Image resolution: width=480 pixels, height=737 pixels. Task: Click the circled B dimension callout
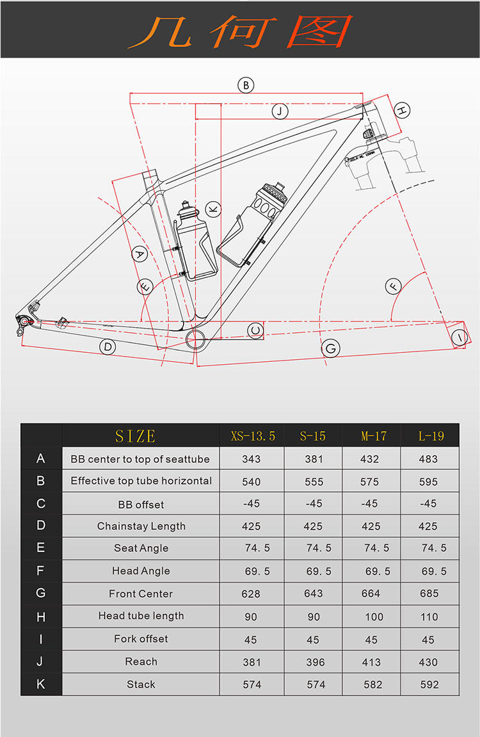[x=246, y=85]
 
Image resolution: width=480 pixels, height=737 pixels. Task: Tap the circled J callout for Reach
[x=280, y=111]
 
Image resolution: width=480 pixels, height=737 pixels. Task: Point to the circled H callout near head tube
[x=401, y=110]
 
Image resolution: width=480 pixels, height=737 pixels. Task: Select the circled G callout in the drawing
[x=331, y=348]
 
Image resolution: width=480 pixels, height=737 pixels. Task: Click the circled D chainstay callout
[x=108, y=347]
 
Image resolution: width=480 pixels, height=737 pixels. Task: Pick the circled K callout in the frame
[x=213, y=209]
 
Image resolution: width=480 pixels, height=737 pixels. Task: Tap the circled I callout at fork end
[x=459, y=337]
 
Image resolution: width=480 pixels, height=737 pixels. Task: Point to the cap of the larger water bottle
[x=273, y=191]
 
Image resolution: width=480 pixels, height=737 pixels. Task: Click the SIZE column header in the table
[x=136, y=436]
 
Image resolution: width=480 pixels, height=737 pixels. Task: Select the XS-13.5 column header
[x=252, y=436]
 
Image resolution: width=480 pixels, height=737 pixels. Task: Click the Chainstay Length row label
[x=141, y=526]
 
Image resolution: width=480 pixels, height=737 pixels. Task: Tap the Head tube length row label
[x=141, y=616]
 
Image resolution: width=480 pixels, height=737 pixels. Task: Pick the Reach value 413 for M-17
[x=371, y=662]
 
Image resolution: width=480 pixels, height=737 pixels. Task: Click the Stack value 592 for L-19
[x=429, y=684]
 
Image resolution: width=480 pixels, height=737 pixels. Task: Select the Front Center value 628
[x=251, y=594]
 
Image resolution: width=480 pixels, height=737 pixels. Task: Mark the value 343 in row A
[x=252, y=459]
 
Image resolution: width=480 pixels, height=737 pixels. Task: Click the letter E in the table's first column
[x=41, y=548]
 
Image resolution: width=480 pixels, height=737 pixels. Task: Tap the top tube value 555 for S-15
[x=314, y=482]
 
